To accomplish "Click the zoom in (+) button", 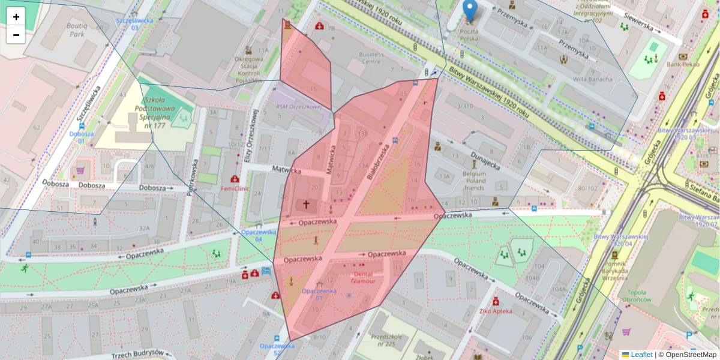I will pyautogui.click(x=16, y=17).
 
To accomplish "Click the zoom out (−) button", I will pyautogui.click(x=16, y=35).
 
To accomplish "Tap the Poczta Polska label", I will pyautogui.click(x=470, y=34).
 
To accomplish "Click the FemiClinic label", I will pyautogui.click(x=235, y=188).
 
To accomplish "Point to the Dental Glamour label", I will pyautogui.click(x=363, y=277).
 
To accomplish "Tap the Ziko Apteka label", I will pyautogui.click(x=496, y=311).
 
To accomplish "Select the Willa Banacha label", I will pyautogui.click(x=593, y=79).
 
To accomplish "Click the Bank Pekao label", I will pyautogui.click(x=683, y=64).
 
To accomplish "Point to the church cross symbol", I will pyautogui.click(x=306, y=205).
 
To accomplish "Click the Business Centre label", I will pyautogui.click(x=370, y=58).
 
